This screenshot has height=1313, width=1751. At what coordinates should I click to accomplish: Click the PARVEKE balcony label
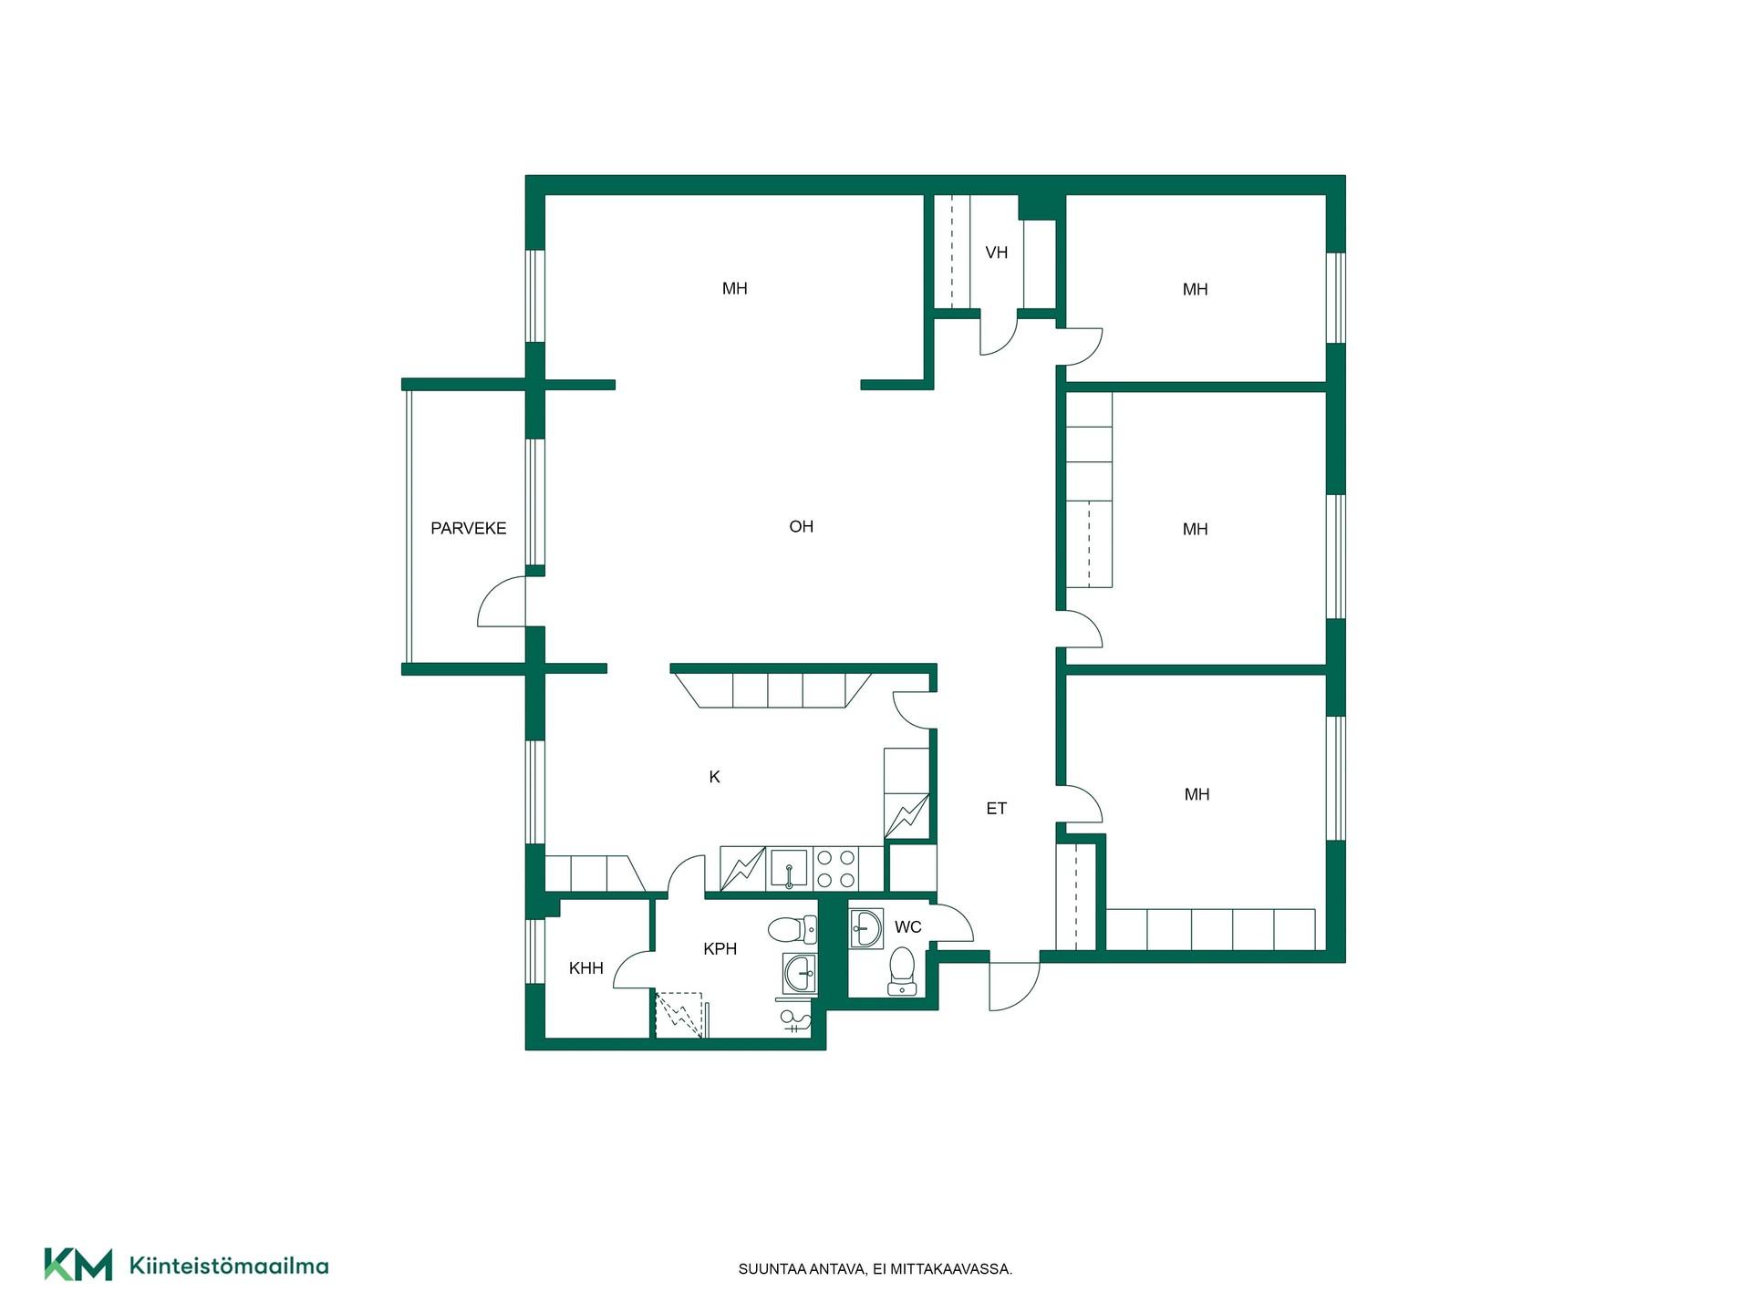click(x=468, y=528)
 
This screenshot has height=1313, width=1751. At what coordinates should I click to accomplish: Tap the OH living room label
click(x=801, y=526)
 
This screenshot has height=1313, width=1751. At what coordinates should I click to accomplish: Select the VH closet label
click(x=996, y=253)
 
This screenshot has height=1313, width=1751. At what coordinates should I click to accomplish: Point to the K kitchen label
click(x=714, y=777)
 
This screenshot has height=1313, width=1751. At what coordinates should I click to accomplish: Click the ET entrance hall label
click(x=996, y=808)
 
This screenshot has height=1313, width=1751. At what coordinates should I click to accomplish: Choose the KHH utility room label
click(x=585, y=968)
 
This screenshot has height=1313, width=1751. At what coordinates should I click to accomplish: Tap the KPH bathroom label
click(x=720, y=949)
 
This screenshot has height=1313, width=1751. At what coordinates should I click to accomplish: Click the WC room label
click(x=907, y=927)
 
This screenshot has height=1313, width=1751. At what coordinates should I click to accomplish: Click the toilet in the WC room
click(x=901, y=971)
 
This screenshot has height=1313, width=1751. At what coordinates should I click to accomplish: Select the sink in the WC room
click(x=865, y=928)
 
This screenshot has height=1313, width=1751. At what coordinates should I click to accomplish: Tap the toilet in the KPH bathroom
click(x=792, y=930)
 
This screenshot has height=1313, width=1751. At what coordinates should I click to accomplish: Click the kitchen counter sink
click(x=789, y=869)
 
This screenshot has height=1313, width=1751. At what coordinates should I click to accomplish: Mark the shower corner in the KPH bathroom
click(x=679, y=1015)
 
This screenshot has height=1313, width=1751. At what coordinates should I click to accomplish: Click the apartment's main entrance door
click(x=1014, y=985)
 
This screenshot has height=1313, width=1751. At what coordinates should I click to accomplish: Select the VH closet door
click(x=1000, y=335)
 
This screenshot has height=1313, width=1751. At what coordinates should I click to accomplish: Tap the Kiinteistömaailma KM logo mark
click(x=78, y=1265)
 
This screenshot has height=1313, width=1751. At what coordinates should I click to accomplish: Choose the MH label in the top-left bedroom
click(x=734, y=289)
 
